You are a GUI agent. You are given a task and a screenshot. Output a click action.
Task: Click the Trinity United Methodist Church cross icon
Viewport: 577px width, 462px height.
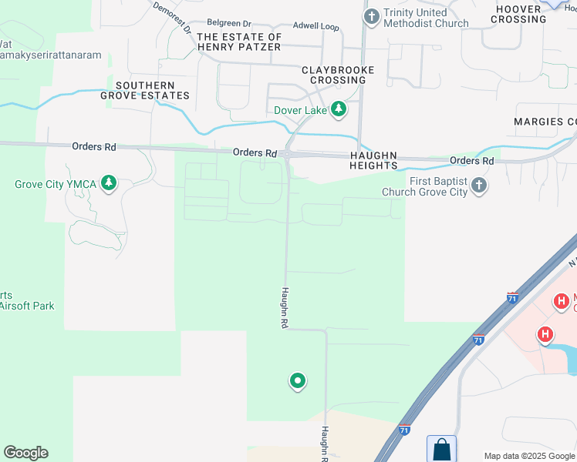click(372, 15)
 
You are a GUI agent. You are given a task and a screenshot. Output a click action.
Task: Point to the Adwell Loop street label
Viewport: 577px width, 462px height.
click(315, 26)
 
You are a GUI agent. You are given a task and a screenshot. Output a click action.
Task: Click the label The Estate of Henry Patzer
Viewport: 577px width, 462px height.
click(238, 42)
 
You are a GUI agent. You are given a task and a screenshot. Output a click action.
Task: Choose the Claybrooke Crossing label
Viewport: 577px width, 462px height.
click(338, 75)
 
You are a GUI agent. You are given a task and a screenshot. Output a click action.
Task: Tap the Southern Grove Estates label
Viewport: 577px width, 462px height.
click(145, 90)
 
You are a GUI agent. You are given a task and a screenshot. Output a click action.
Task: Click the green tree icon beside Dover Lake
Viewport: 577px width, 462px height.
click(338, 109)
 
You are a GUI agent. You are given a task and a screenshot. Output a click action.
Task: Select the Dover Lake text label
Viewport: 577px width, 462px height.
click(300, 110)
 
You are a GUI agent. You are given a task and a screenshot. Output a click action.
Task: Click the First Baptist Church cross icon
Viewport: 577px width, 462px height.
click(479, 186)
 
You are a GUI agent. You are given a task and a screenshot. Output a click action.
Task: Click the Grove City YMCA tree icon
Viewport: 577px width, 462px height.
click(110, 183)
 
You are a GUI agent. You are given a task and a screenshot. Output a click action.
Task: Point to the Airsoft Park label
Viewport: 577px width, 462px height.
click(28, 306)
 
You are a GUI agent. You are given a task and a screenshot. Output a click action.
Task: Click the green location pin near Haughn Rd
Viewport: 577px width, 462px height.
click(297, 380)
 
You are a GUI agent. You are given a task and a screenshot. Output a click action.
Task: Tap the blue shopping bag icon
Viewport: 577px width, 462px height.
click(441, 448)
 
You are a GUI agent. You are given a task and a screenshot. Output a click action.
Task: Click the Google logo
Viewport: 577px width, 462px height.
click(25, 453)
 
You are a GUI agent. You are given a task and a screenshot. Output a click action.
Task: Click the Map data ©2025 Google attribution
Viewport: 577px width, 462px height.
click(529, 456)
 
